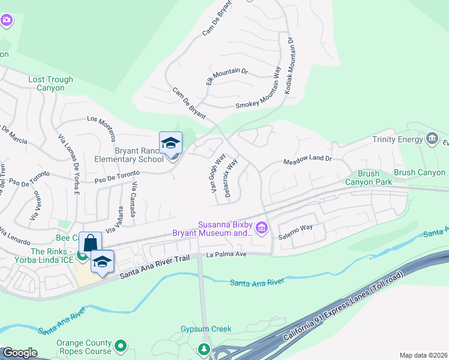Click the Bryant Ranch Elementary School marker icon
[170, 143]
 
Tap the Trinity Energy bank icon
[432, 140]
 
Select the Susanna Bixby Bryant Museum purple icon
[261, 227]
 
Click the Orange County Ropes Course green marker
[121, 346]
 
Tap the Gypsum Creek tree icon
[204, 349]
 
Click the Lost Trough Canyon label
[50, 83]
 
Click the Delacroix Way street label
[232, 174]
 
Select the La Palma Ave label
[226, 254]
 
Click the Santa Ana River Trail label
[155, 268]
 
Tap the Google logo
[20, 353]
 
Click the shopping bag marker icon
[90, 242]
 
